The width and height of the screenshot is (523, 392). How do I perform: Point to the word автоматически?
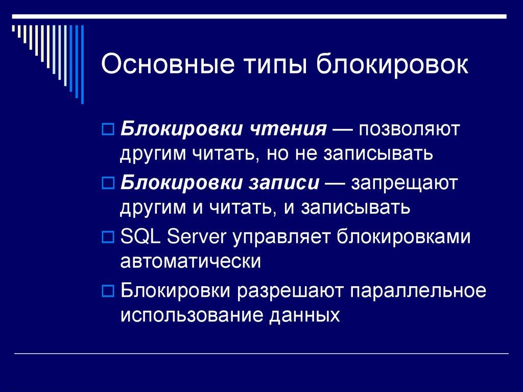pos(191,262)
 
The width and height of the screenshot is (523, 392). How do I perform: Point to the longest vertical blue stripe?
pos(82,64)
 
